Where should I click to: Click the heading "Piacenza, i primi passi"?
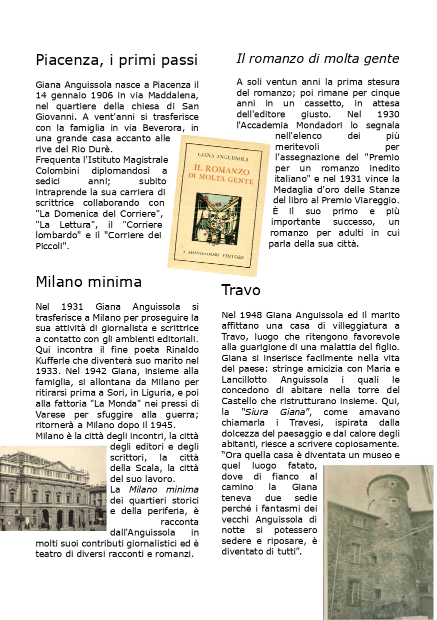[116, 60]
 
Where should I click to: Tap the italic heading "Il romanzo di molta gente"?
[317, 59]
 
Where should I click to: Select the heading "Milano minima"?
[88, 282]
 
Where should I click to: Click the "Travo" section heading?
[240, 290]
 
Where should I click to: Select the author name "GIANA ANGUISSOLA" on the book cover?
[223, 158]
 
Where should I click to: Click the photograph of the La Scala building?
[53, 488]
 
